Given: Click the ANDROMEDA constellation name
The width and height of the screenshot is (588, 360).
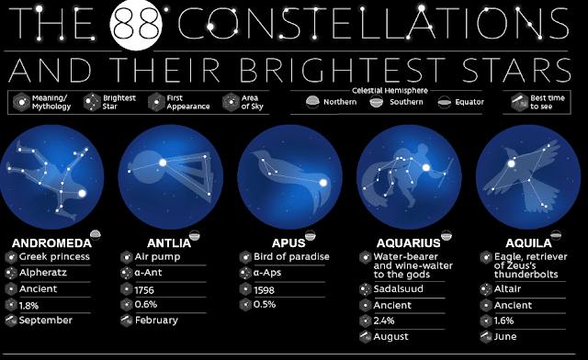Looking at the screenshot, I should click(47, 242).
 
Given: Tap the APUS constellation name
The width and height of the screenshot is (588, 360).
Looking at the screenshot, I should click(267, 242).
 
